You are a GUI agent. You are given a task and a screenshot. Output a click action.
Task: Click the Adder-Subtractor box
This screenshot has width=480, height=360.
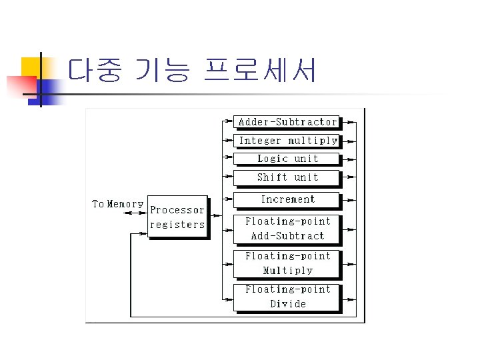[287, 122]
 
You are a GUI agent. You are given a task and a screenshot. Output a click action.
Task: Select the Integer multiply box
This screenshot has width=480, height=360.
[287, 141]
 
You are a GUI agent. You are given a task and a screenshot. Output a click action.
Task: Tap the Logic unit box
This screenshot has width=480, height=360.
[287, 159]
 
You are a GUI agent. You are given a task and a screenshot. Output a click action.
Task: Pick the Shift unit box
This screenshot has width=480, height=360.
[287, 177]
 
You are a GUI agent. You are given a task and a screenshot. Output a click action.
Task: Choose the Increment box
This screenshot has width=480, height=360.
[287, 199]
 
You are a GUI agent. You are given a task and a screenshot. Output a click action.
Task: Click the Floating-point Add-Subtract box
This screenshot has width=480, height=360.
[287, 229]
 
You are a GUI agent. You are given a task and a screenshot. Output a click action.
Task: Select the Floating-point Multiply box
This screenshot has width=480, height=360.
[287, 263]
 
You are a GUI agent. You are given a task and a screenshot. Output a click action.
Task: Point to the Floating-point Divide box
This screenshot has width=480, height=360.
[287, 297]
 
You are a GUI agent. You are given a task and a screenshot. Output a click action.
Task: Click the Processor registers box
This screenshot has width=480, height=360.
[177, 217]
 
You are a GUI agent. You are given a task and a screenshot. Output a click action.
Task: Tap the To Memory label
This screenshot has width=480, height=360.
[117, 204]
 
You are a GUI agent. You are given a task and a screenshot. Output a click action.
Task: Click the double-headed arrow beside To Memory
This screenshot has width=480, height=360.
[136, 213]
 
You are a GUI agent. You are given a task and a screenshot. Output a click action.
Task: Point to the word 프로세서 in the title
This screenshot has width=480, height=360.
[260, 70]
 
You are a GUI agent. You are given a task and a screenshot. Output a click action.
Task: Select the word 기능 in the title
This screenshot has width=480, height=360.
[162, 70]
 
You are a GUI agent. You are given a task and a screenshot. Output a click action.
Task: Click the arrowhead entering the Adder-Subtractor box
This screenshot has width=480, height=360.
[230, 122]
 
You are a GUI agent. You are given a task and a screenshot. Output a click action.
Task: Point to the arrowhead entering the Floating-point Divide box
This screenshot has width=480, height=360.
[230, 297]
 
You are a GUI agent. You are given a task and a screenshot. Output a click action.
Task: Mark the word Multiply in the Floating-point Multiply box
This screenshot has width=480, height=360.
[287, 271]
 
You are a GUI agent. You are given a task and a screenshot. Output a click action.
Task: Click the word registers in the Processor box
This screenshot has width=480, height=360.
[177, 225]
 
